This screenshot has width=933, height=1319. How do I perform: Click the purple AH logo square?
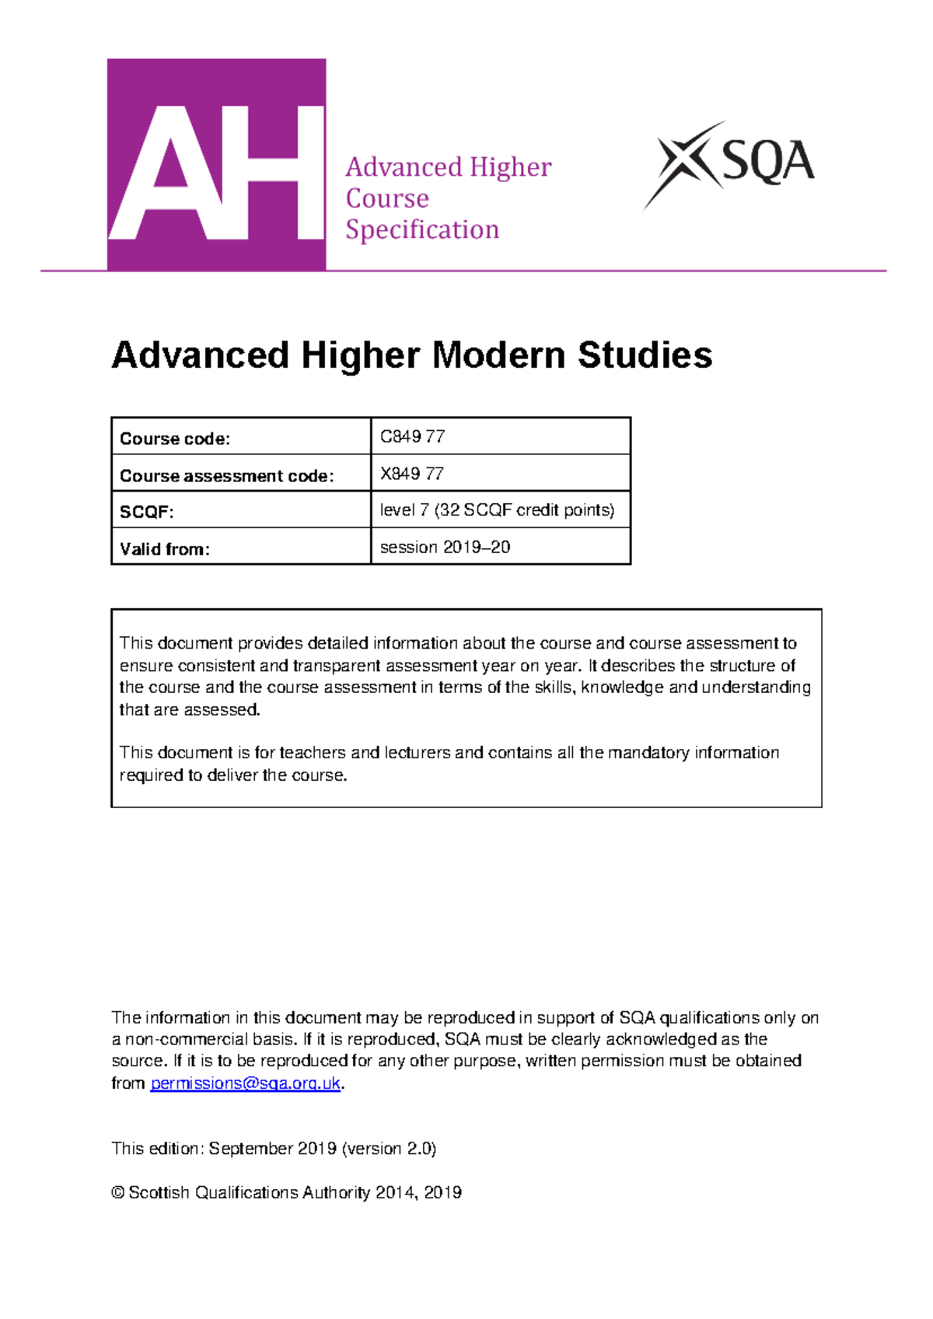click(x=216, y=165)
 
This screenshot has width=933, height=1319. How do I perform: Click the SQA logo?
click(x=729, y=164)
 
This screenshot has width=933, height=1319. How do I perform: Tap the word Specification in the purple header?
click(x=422, y=229)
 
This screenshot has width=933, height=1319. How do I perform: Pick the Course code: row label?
click(x=175, y=439)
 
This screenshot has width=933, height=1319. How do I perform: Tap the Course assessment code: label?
click(x=226, y=475)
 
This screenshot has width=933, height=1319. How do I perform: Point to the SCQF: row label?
click(x=146, y=512)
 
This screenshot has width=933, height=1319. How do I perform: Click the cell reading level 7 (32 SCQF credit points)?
click(x=497, y=510)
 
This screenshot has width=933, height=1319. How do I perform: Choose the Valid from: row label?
click(x=165, y=549)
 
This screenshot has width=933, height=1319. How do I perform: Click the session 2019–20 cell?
click(x=445, y=547)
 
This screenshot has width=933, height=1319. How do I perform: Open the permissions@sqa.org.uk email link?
click(x=245, y=1083)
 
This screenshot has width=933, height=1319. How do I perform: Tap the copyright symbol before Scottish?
click(x=118, y=1193)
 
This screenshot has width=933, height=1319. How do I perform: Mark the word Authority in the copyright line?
click(x=336, y=1193)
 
